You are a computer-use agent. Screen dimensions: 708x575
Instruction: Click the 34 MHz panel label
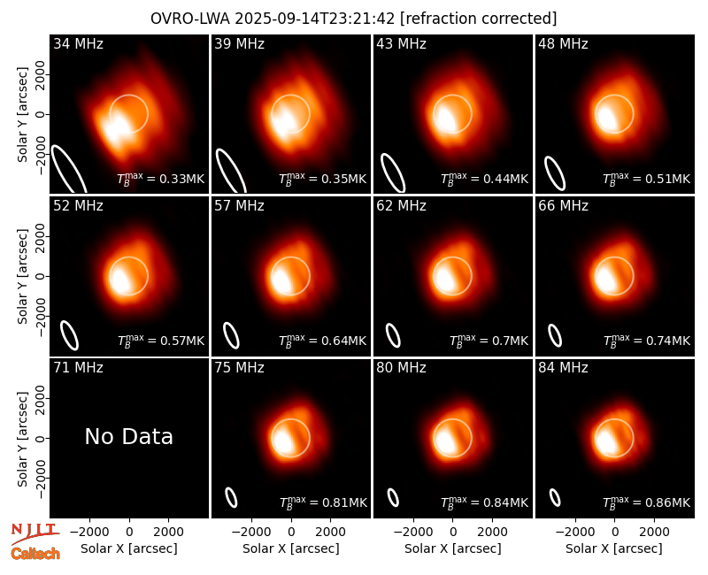[78, 43]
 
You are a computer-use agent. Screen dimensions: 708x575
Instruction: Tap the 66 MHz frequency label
[563, 206]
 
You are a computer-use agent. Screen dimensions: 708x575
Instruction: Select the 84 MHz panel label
[563, 368]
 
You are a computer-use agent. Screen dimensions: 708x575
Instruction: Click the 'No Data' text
[129, 437]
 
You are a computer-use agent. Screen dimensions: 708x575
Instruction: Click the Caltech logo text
[35, 554]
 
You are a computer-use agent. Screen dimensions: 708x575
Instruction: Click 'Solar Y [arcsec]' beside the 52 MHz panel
[22, 276]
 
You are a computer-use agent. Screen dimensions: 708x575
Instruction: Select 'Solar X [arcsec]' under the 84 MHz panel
[614, 548]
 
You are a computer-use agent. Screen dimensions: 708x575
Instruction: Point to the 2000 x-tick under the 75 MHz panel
[331, 533]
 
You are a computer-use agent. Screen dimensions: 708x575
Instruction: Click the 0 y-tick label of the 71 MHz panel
[41, 438]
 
